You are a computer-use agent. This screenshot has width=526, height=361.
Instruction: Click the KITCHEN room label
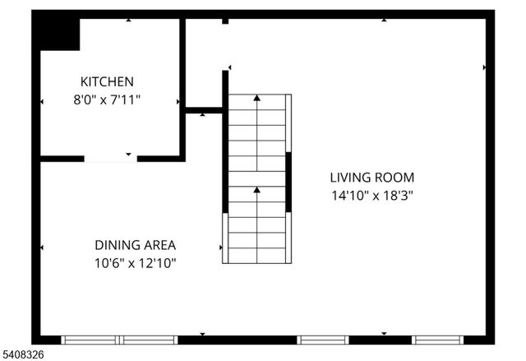[106, 81]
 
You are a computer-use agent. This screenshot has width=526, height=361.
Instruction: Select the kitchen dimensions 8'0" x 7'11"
[106, 100]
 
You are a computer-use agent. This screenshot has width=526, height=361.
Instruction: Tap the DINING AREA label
[135, 245]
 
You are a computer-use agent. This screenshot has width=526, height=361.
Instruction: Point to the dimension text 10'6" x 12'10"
[135, 263]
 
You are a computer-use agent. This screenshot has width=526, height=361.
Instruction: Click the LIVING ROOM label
[371, 177]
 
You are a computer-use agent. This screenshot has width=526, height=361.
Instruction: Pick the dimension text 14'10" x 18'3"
[371, 196]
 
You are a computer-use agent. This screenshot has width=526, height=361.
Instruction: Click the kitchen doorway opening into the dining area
[110, 158]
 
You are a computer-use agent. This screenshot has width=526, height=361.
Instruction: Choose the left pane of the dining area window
[90, 339]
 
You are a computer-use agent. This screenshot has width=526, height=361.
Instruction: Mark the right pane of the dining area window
[149, 339]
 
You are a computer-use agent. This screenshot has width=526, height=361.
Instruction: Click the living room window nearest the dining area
[323, 339]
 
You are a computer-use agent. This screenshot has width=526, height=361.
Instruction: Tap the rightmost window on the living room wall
[438, 339]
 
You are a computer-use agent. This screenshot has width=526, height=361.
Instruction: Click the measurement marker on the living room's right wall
[485, 67]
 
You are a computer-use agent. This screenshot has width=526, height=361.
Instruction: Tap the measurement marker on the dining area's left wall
[42, 247]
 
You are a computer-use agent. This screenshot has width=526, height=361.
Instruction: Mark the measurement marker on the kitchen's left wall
[42, 102]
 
